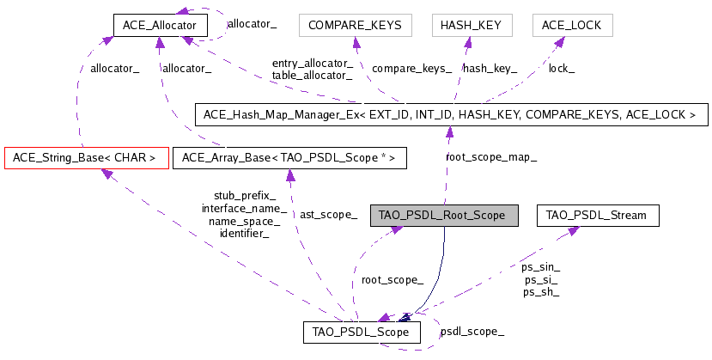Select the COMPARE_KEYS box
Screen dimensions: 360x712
click(x=355, y=25)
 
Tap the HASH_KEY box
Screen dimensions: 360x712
click(x=472, y=25)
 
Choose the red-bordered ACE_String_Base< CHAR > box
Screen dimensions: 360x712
click(x=86, y=158)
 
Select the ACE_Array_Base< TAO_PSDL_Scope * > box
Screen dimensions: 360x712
click(x=289, y=158)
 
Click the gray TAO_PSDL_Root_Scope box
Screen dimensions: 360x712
click(x=443, y=215)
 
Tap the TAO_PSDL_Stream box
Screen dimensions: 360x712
click(x=597, y=215)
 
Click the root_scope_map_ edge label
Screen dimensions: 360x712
click(x=491, y=157)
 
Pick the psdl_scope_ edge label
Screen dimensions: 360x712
click(x=472, y=331)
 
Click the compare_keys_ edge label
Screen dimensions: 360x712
click(x=412, y=67)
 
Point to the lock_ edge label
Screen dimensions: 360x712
click(x=563, y=67)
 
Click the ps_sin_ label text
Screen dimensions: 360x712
click(x=540, y=267)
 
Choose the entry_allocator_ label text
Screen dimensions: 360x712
click(x=312, y=63)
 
